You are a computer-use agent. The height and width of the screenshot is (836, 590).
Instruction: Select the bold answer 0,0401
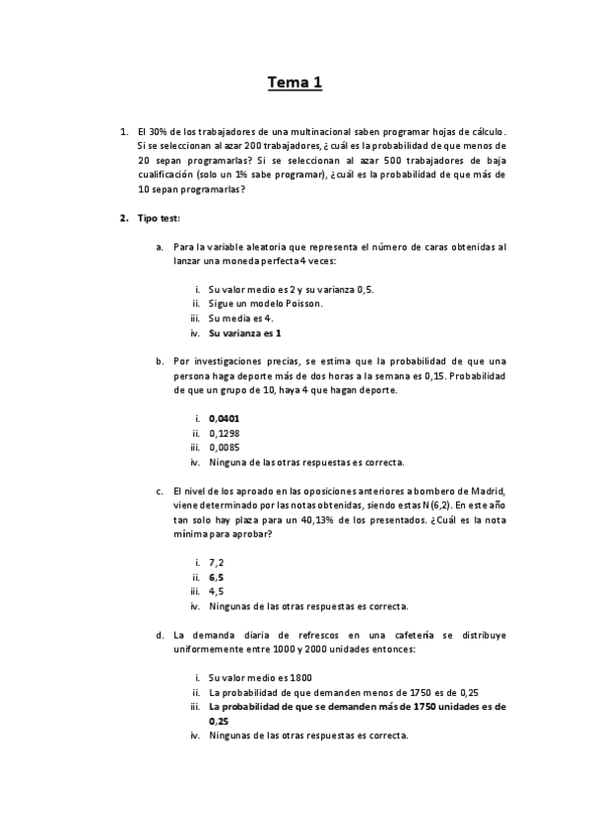click(224, 418)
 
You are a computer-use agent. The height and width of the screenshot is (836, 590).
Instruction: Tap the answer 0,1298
click(224, 432)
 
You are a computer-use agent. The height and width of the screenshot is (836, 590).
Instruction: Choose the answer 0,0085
click(224, 447)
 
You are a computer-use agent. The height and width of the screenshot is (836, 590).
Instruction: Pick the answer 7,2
click(216, 562)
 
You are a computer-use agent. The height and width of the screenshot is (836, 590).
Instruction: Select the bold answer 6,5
click(216, 577)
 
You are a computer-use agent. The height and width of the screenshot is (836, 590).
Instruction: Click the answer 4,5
click(216, 592)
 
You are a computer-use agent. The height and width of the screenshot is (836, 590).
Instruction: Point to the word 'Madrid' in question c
click(487, 490)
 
